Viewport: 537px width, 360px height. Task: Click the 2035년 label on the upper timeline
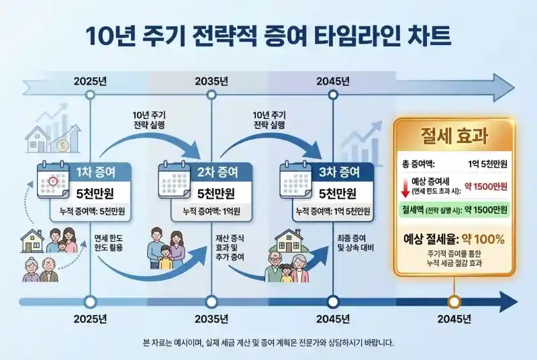211,81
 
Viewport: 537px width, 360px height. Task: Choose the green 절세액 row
454,210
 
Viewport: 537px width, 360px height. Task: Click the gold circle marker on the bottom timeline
454,302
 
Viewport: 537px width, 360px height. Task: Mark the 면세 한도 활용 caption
112,244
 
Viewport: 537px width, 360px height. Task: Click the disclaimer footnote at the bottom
268,342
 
